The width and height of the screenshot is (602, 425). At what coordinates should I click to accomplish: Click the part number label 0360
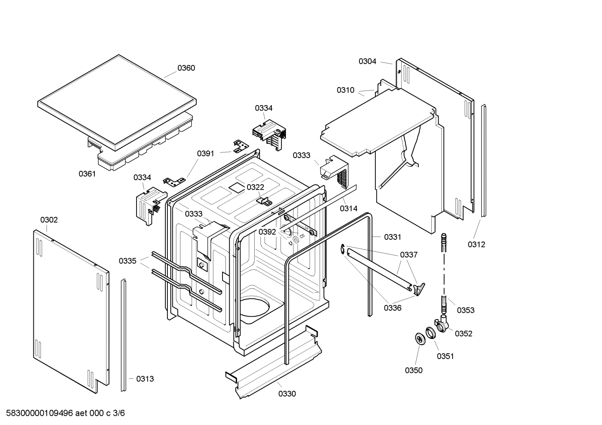186,68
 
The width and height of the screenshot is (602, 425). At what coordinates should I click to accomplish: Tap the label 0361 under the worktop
87,174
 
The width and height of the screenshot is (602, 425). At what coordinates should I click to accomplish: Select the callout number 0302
49,220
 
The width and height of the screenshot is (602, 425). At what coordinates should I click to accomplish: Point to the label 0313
145,379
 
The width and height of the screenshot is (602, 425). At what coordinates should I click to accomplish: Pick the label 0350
413,370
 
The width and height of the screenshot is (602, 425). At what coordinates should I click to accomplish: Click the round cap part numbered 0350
419,339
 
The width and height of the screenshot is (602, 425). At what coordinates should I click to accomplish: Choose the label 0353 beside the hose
465,310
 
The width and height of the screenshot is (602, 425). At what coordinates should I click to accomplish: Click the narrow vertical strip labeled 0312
483,161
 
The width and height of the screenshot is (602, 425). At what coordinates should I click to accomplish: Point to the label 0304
367,61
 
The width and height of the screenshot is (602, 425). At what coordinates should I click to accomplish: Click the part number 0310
345,90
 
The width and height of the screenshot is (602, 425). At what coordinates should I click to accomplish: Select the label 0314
349,208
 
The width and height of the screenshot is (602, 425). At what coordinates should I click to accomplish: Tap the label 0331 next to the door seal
392,237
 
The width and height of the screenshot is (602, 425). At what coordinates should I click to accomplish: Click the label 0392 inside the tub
267,232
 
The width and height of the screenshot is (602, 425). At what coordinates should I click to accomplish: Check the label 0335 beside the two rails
127,261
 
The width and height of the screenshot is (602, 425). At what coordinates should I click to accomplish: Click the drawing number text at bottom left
63,413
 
